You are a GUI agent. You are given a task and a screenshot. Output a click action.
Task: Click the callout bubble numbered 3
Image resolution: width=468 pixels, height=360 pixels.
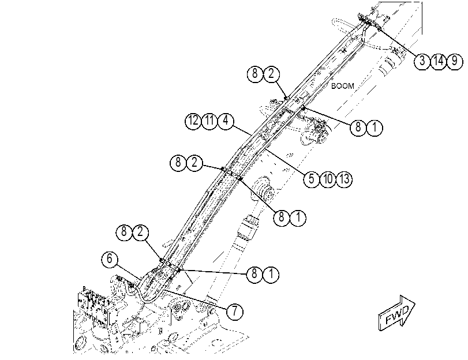pos(422,61)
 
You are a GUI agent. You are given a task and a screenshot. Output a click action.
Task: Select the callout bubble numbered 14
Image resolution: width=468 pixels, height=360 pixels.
pos(438,61)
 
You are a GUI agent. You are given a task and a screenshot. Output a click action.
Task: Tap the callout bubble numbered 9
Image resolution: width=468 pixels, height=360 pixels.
pos(455,61)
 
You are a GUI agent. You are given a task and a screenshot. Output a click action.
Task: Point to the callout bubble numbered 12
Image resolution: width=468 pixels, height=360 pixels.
pos(193,121)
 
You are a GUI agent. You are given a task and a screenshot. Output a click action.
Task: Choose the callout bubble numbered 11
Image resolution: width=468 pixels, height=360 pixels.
pos(209,121)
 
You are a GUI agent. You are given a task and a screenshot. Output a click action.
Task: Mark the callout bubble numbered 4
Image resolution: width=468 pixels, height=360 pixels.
pos(226,121)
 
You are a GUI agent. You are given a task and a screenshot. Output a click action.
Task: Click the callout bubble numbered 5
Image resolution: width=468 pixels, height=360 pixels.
pos(312,179)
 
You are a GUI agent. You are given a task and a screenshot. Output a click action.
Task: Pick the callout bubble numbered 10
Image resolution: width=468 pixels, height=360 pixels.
pos(328,179)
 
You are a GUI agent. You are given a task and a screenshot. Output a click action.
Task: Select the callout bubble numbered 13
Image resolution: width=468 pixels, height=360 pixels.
pos(345,179)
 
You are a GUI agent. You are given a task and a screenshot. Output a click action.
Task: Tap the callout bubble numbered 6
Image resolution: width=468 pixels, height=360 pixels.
pos(110,259)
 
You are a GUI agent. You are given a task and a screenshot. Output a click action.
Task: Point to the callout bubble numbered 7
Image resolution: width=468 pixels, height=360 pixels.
pos(235,312)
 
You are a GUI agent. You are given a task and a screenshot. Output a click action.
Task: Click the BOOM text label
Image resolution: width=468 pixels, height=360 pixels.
pos(343,86)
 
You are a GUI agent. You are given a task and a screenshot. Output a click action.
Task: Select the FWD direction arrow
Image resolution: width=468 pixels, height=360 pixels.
pos(396,313)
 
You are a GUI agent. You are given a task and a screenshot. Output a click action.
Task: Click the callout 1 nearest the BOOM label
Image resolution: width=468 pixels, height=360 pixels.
pos(375,127)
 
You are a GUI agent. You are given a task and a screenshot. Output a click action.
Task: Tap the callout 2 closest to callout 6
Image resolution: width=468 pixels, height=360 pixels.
pos(141,232)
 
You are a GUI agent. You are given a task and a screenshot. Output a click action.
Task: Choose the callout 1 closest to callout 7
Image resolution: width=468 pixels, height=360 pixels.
pos(271,274)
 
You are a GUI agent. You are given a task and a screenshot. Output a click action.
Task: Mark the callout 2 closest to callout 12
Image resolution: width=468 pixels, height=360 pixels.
pos(194,163)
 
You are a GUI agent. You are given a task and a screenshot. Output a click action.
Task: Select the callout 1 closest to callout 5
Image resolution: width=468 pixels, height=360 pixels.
pos(298,217)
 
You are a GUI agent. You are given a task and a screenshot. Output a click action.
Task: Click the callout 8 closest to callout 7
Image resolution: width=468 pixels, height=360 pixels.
pos(254,274)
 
